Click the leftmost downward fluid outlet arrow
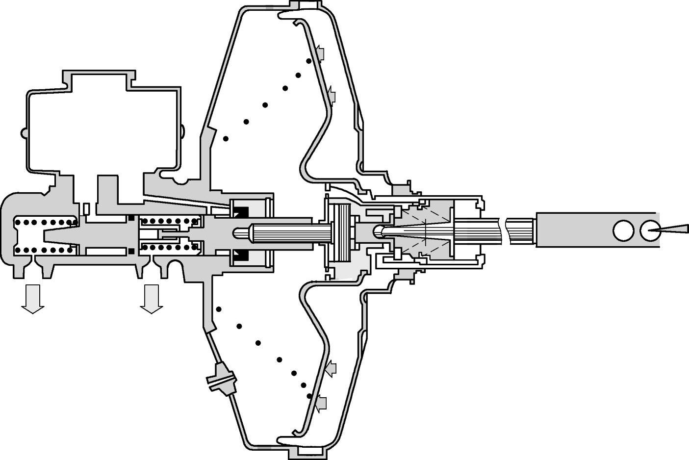pyautogui.click(x=32, y=298)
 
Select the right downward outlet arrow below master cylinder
pyautogui.click(x=151, y=298)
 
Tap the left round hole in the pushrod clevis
pyautogui.click(x=623, y=230)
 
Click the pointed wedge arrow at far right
pyautogui.click(x=668, y=230)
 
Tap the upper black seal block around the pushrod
pyautogui.click(x=241, y=212)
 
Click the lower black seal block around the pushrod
pyautogui.click(x=241, y=254)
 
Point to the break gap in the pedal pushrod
pyautogui.click(x=505, y=230)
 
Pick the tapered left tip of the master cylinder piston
pyautogui.click(x=47, y=234)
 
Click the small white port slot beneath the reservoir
pyautogui.click(x=86, y=208)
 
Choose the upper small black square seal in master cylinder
pyautogui.click(x=131, y=217)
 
